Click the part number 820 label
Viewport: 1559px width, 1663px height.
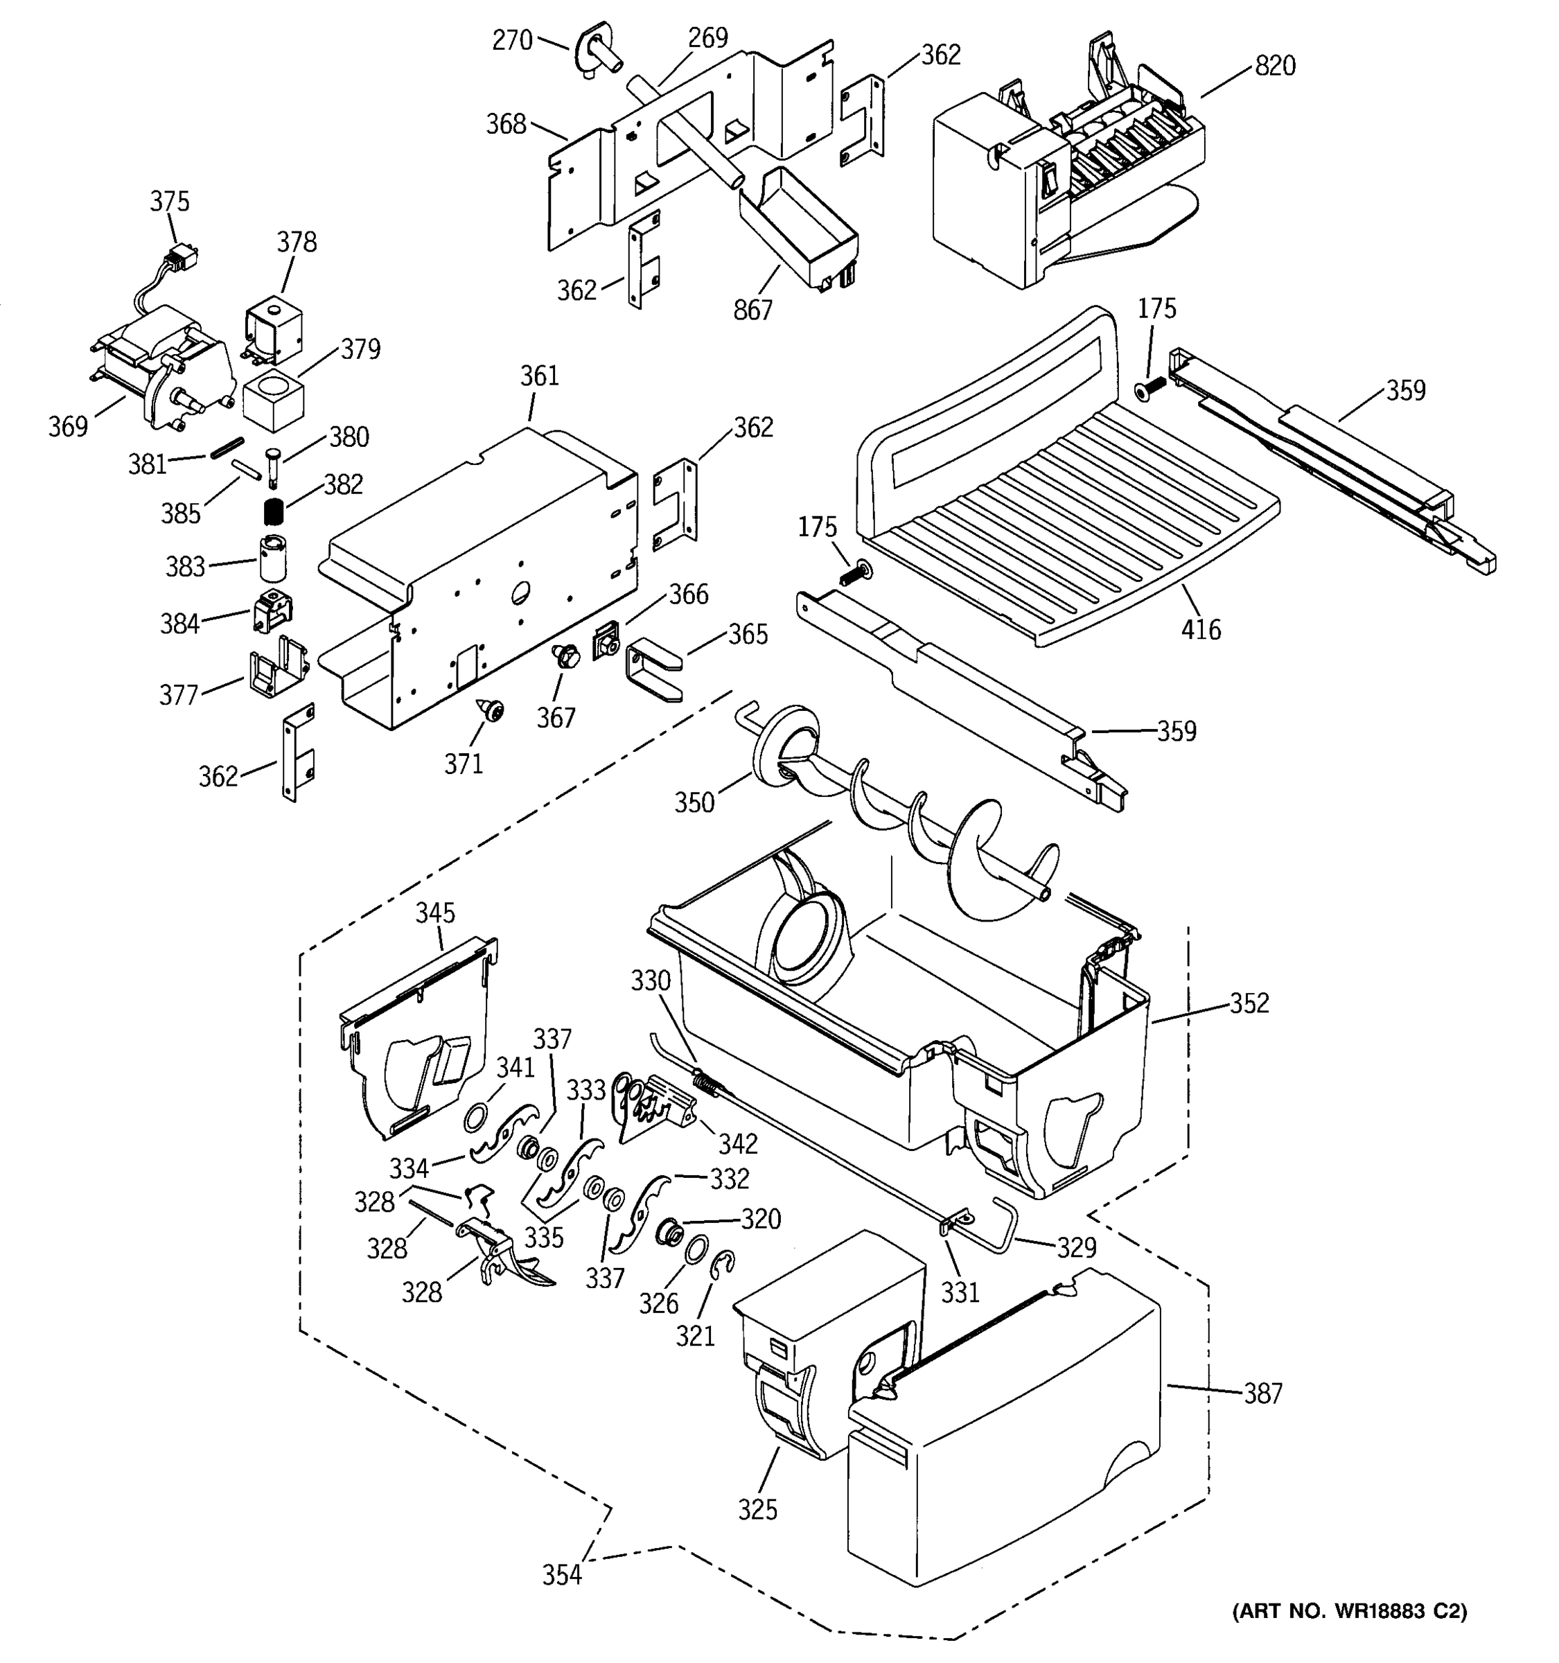1275,65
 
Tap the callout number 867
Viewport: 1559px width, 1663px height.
752,310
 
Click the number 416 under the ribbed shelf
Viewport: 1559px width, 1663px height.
1200,629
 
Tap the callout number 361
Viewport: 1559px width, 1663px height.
540,376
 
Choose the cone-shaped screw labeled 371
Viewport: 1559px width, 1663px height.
492,711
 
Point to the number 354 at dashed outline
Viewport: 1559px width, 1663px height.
561,1575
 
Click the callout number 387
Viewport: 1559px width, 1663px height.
1262,1393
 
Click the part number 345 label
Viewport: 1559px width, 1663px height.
435,913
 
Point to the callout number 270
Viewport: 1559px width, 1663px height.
512,40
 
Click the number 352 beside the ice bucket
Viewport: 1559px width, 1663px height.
1249,1002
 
